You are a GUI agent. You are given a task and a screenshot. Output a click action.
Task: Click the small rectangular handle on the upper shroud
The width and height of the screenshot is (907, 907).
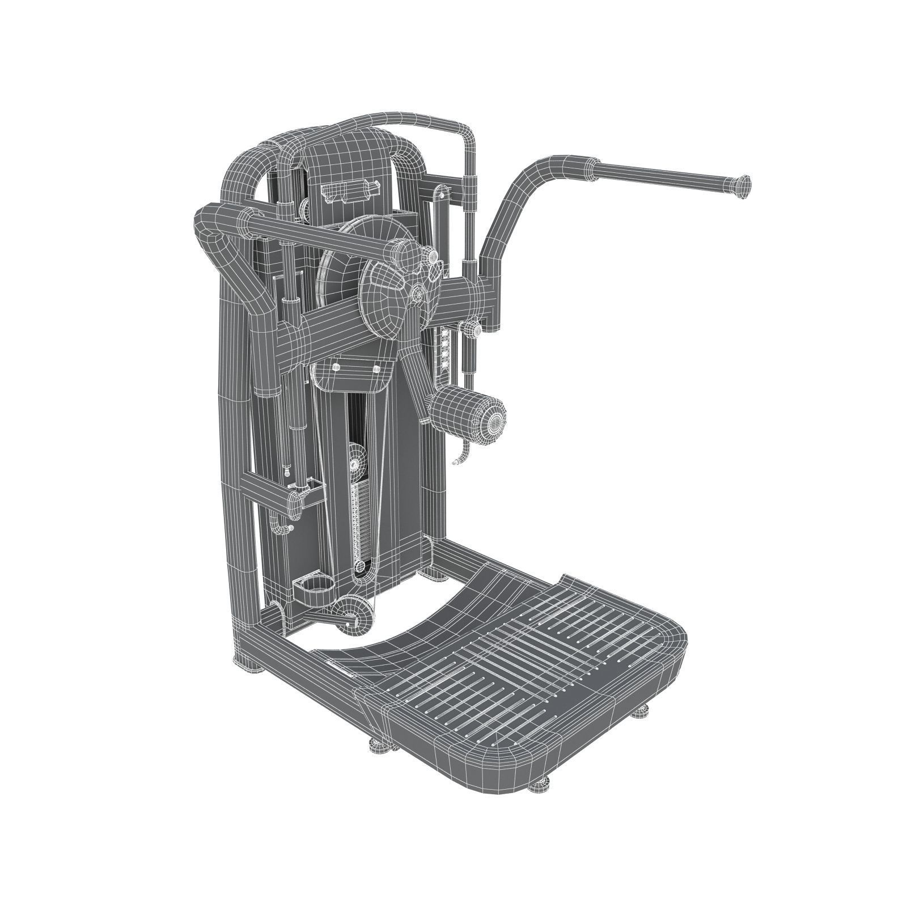click(x=349, y=190)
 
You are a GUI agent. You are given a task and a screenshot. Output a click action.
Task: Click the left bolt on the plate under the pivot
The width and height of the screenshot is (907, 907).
click(x=336, y=367)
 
